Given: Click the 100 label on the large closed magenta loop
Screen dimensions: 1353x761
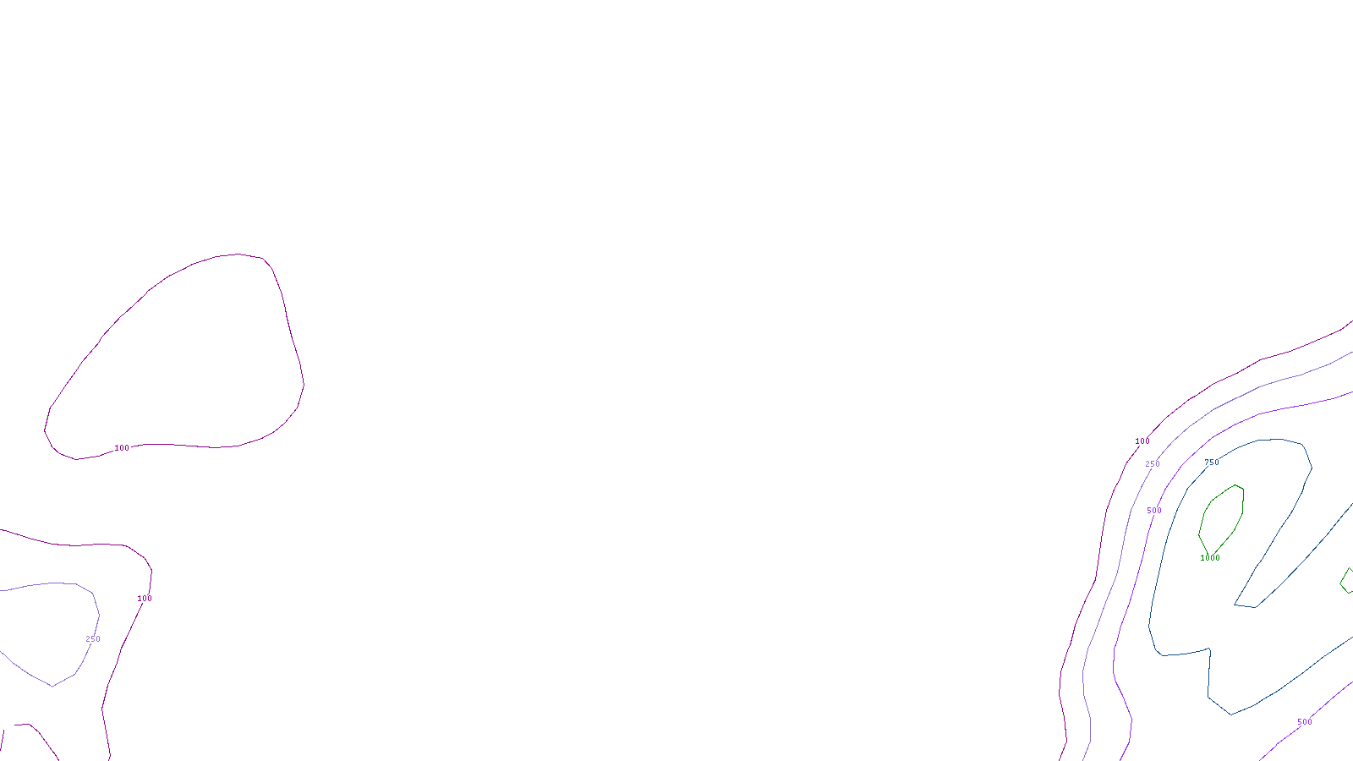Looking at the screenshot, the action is click(x=122, y=448).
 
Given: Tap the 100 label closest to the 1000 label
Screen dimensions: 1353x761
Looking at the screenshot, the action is click(x=1142, y=441).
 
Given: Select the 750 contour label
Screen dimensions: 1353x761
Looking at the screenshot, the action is click(x=1212, y=463).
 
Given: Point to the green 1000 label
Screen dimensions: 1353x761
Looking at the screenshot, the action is click(x=1210, y=558).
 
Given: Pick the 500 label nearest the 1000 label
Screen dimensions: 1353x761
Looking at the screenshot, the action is click(x=1154, y=511).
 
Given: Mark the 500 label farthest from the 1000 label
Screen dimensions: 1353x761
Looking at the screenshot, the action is click(x=1305, y=722).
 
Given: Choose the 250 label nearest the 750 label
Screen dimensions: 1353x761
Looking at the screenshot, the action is click(x=1153, y=464).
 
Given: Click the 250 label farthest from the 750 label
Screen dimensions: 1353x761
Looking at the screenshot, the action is click(x=93, y=639).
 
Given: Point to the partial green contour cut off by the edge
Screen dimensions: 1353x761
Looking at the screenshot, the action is click(x=1346, y=581).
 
